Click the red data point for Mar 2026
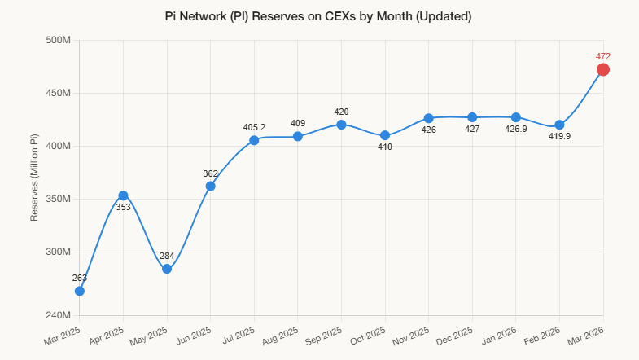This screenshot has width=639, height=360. [603, 70]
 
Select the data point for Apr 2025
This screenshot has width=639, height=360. [123, 195]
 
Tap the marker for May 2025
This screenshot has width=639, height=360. [167, 269]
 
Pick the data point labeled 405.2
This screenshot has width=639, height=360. [254, 140]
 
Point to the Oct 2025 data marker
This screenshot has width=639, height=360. [385, 135]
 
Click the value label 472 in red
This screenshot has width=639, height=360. [603, 56]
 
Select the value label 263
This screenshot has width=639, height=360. [79, 278]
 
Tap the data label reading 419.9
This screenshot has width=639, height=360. [559, 136]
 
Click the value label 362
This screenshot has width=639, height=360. [210, 173]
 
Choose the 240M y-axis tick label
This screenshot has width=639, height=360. [56, 315]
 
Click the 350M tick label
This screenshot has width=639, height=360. [56, 200]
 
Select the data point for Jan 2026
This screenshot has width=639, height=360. [515, 117]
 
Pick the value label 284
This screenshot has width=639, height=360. [167, 256]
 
